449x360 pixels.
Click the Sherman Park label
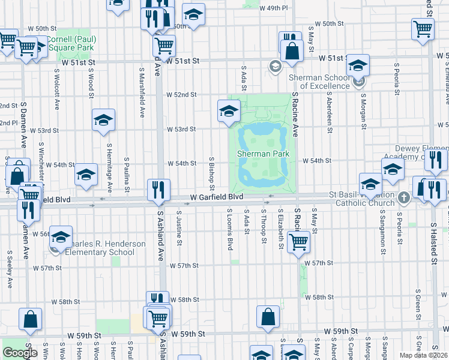click(263, 154)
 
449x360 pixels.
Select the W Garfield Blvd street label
click(217, 197)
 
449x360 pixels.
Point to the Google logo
click(20, 353)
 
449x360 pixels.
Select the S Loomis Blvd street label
click(229, 229)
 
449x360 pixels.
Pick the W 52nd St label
click(181, 95)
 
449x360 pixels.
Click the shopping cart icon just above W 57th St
click(298, 242)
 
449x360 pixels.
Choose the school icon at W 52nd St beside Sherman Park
click(229, 110)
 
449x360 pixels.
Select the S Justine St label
click(179, 227)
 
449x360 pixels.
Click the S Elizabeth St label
click(280, 229)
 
